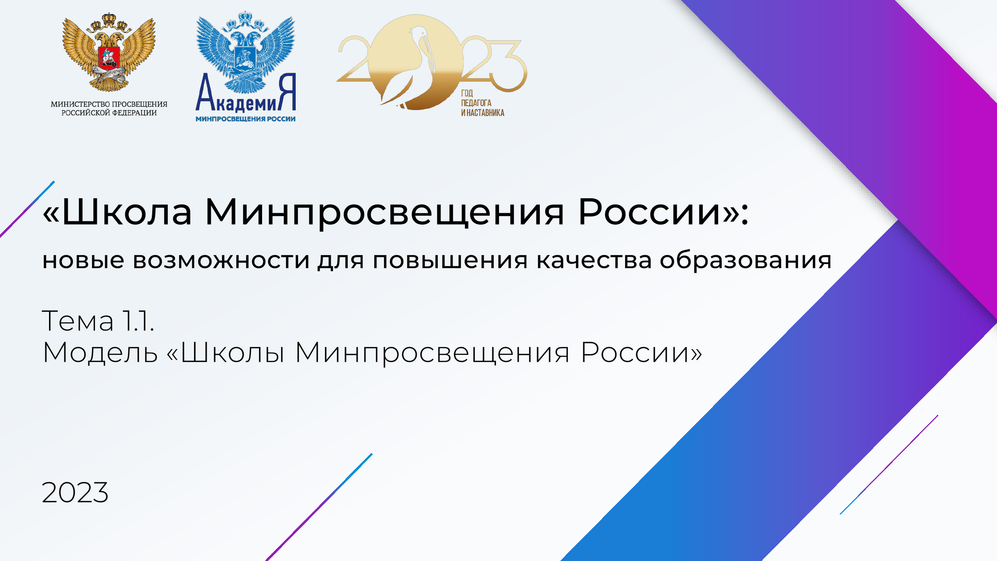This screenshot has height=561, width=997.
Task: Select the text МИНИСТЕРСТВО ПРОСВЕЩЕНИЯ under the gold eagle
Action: coord(109,104)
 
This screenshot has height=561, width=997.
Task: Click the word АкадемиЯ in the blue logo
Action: coord(245,94)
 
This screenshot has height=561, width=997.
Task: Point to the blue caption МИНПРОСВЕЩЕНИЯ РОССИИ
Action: coord(245,119)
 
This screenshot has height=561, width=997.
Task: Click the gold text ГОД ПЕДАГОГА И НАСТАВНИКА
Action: coord(483,103)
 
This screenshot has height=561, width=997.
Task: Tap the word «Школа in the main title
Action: coord(117,213)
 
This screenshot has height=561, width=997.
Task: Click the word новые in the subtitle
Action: coord(83,261)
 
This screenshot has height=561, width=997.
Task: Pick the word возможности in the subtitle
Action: coord(221,261)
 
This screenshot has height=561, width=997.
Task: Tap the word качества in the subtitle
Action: coord(594,261)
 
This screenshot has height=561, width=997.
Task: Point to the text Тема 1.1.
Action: coord(98,321)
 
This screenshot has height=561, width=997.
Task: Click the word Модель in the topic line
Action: coord(100,353)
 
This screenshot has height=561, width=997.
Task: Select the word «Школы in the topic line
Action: coord(225,352)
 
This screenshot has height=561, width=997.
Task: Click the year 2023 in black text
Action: coord(75,492)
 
